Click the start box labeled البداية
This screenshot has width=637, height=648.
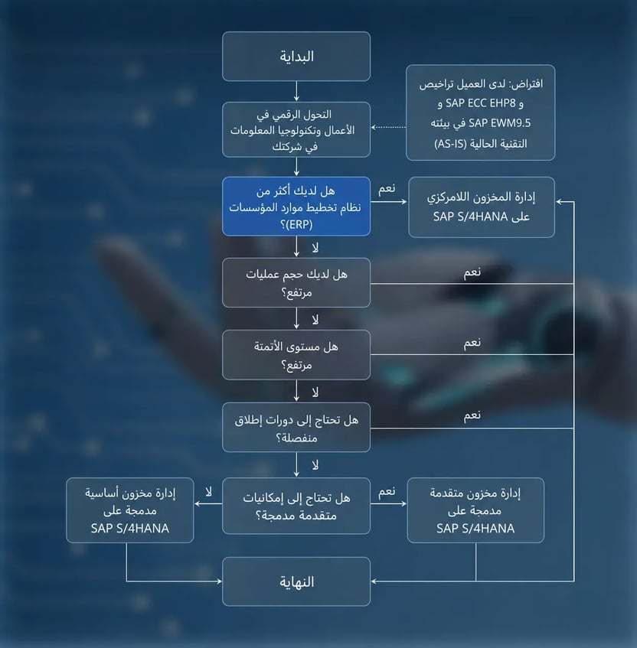click(x=296, y=56)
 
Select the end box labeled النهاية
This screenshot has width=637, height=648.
click(x=296, y=581)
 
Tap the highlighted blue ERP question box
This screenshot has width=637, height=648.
click(x=296, y=207)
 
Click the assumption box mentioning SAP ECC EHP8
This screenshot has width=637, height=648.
click(x=481, y=112)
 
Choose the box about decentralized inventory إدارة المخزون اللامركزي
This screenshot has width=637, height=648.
click(x=482, y=207)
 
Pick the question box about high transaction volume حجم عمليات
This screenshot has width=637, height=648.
click(x=296, y=282)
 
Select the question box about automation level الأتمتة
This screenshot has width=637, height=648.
click(x=296, y=355)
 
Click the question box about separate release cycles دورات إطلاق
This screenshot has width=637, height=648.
click(x=296, y=428)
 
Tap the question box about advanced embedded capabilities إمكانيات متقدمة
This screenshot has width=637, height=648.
click(x=296, y=506)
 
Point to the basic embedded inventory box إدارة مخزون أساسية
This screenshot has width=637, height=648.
click(x=130, y=510)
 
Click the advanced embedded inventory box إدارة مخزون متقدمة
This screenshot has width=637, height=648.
click(x=475, y=510)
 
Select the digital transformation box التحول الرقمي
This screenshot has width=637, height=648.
click(x=296, y=130)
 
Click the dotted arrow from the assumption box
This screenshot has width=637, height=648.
click(x=388, y=127)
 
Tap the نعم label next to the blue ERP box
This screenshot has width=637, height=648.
click(x=387, y=189)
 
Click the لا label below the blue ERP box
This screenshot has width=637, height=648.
click(x=315, y=248)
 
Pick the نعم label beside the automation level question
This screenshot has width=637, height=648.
click(x=472, y=343)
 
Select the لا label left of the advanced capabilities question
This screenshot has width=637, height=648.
click(x=208, y=492)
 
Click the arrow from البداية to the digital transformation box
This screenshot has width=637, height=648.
click(x=296, y=91)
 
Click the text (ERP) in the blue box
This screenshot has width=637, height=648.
click(x=299, y=225)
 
